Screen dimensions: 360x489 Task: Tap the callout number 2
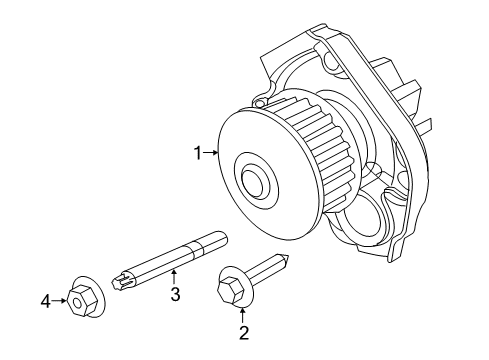coord(241,332)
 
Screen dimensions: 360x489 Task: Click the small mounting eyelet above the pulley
coord(261,102)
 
